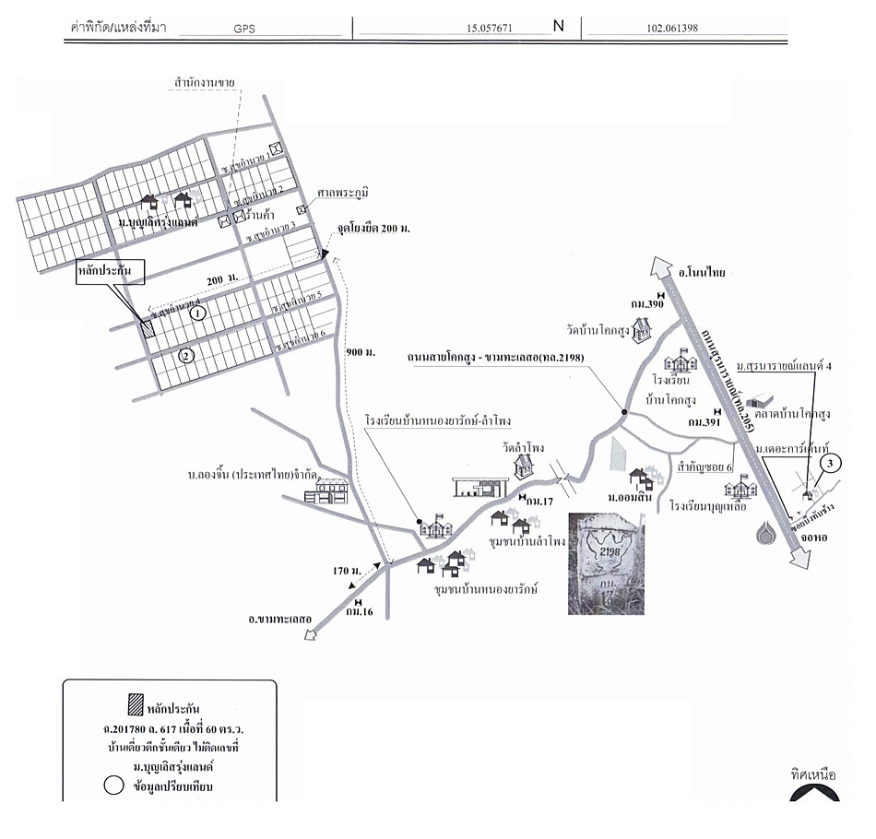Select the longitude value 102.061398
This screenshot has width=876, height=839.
tap(667, 28)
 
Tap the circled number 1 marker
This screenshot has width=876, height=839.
tap(195, 313)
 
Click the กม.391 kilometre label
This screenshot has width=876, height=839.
tap(705, 421)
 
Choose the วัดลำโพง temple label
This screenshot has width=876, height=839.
tap(523, 447)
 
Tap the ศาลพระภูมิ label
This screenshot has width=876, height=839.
tap(342, 192)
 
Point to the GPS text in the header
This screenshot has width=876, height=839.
tap(244, 29)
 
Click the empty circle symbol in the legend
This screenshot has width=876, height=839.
tap(114, 787)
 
